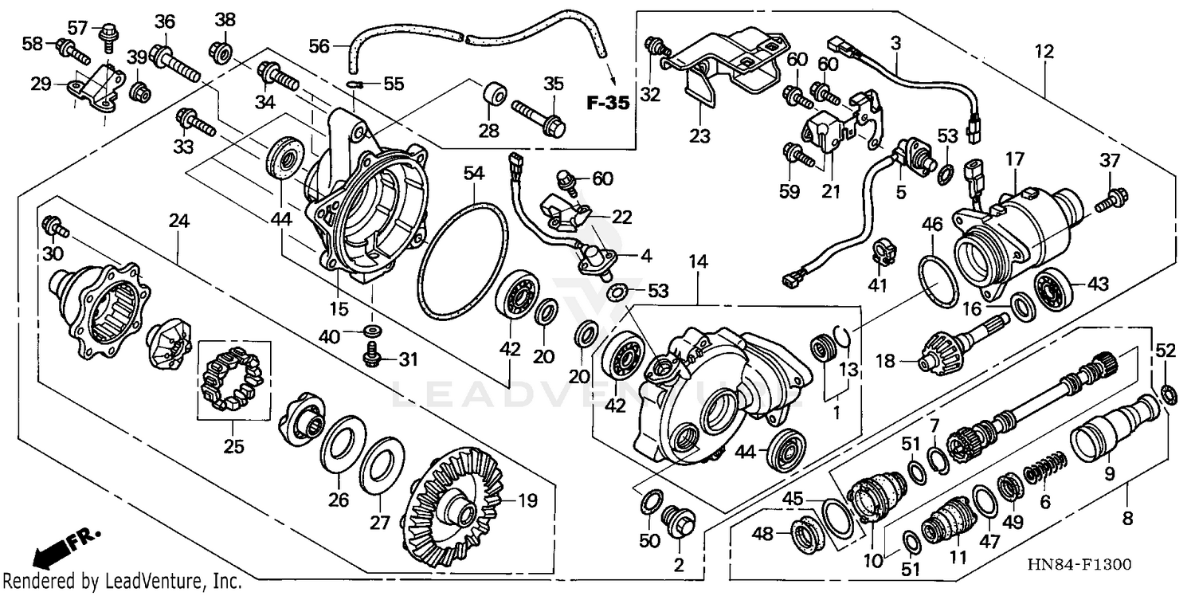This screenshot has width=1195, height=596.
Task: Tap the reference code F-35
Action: point(608,102)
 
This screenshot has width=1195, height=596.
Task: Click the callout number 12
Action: point(1044,52)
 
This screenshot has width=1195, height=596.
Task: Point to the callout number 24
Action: point(178,222)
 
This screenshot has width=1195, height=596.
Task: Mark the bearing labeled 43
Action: point(1053,291)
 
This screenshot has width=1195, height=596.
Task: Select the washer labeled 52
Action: point(1166,393)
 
